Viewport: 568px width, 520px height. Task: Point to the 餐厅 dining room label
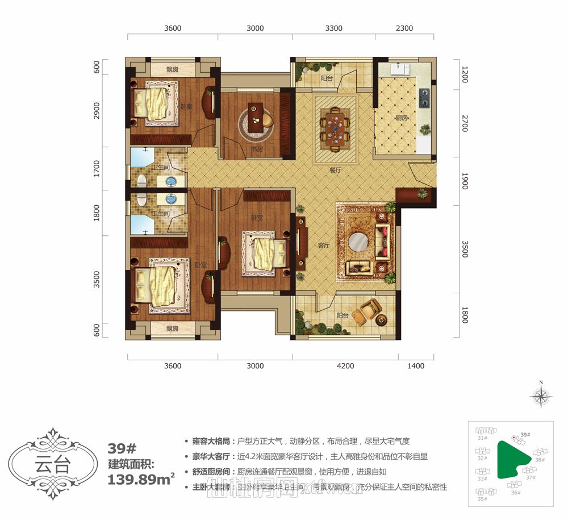334,169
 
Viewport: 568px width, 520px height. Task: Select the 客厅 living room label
324,246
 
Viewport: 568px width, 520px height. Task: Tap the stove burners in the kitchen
424,98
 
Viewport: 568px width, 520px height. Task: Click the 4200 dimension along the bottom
345,366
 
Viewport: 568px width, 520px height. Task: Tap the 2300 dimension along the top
404,28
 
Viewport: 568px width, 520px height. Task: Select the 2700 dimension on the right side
465,123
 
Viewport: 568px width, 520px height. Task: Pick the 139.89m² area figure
141,479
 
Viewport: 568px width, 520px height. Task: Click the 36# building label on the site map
516,492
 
